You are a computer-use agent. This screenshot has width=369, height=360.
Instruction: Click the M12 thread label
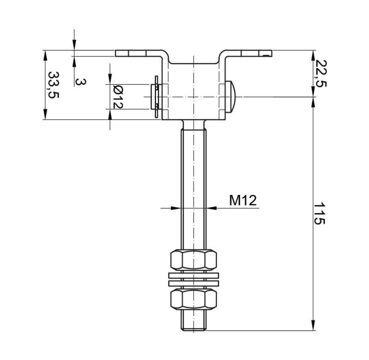click(x=243, y=201)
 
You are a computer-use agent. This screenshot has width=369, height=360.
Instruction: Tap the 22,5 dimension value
click(x=321, y=73)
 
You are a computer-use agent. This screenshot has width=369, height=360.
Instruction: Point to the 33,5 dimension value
click(x=53, y=85)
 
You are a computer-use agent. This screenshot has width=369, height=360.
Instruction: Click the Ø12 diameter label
click(x=118, y=96)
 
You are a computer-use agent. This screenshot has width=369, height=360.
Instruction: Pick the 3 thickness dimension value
click(x=81, y=82)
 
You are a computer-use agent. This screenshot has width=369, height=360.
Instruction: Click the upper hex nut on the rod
click(x=193, y=260)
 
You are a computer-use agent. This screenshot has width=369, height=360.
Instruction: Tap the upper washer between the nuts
click(x=193, y=275)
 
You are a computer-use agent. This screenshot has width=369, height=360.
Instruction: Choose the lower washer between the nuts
click(x=193, y=283)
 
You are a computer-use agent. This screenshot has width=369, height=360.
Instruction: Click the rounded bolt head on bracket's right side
click(x=231, y=97)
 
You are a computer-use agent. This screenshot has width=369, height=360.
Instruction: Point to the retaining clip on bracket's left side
click(x=156, y=97)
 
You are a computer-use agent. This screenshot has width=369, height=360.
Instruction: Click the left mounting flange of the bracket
click(x=138, y=53)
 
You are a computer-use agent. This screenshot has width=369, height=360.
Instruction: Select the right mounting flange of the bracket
click(x=249, y=53)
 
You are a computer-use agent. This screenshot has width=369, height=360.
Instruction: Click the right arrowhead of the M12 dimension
click(x=211, y=208)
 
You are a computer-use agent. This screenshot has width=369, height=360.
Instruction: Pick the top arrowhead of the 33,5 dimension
click(x=45, y=55)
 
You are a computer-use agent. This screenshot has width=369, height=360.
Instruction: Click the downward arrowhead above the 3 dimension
click(x=74, y=45)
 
